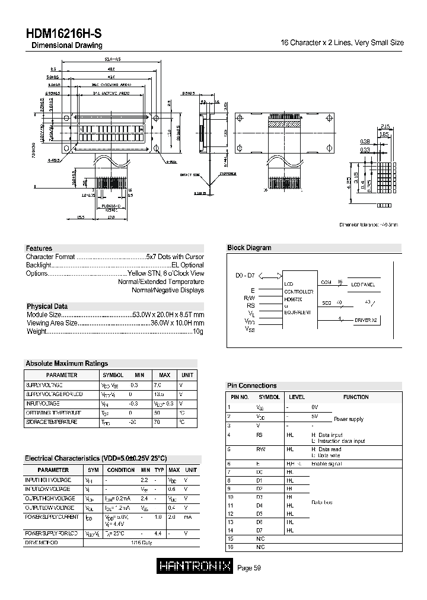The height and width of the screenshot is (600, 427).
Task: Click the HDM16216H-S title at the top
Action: tap(63, 34)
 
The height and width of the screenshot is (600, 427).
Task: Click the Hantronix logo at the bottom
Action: tap(195, 567)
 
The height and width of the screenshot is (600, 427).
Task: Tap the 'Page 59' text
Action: tap(249, 568)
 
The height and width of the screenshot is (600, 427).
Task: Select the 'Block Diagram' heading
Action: tap(249, 248)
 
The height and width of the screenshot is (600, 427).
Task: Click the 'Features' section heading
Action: tap(39, 248)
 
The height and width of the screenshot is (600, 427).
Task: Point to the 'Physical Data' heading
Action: tap(47, 307)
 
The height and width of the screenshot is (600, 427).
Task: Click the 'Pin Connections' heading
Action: tap(252, 385)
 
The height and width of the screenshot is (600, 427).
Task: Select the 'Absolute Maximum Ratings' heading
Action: tap(66, 363)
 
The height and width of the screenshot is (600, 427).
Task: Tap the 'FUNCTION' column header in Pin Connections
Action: tap(356, 397)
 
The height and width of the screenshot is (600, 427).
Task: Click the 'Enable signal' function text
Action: tap(326, 464)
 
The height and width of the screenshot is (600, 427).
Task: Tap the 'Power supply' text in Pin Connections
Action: tap(348, 419)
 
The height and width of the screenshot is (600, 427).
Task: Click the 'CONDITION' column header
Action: tap(121, 470)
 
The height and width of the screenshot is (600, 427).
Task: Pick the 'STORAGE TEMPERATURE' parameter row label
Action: tap(51, 422)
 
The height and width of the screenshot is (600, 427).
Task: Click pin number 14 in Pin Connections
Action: tap(231, 530)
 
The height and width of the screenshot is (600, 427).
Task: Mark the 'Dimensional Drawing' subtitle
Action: tap(66, 46)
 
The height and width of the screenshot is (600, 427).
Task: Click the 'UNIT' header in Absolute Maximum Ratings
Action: tap(187, 375)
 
